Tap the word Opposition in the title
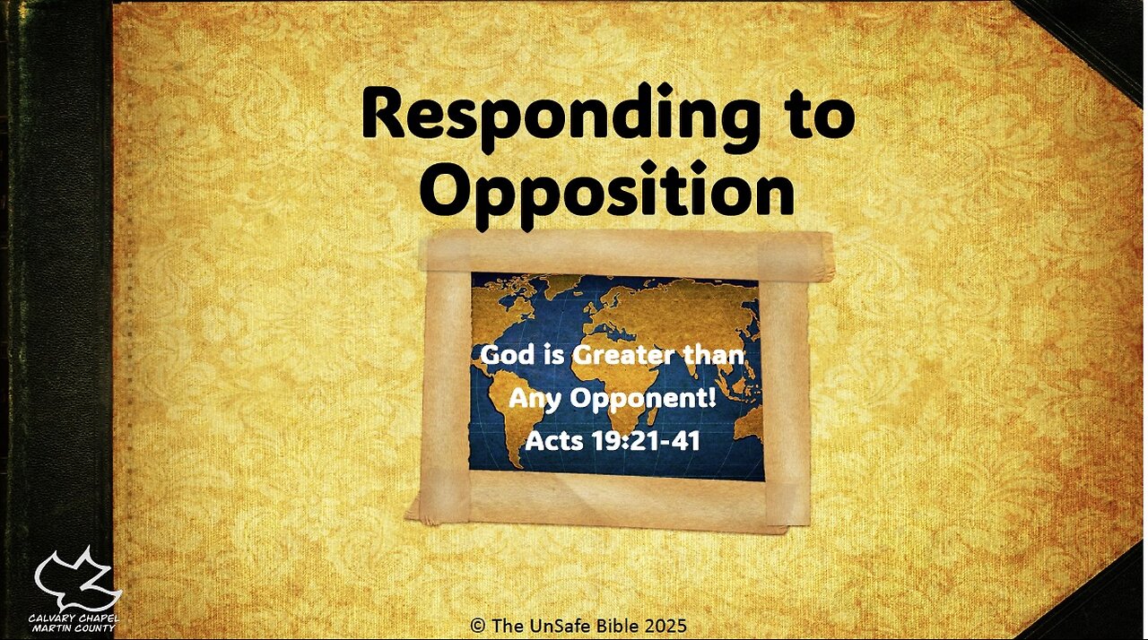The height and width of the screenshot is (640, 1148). [x=607, y=190]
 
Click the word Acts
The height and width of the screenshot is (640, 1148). [x=554, y=440]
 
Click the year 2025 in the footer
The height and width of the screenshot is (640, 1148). [x=669, y=625]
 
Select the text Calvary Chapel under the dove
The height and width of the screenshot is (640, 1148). [x=74, y=618]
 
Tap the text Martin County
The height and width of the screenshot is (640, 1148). [x=74, y=629]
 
